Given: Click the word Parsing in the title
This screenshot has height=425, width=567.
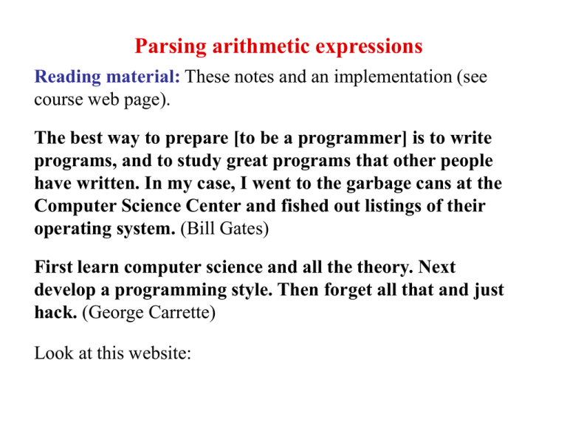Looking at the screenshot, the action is coord(171,47).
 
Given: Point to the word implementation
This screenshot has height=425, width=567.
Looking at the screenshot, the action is coord(393,77).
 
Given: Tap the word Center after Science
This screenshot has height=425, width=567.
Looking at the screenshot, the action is coord(213,206).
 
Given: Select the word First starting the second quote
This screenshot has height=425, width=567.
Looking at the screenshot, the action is coord(53,267).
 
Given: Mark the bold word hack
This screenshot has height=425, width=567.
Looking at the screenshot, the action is coord(55,312).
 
